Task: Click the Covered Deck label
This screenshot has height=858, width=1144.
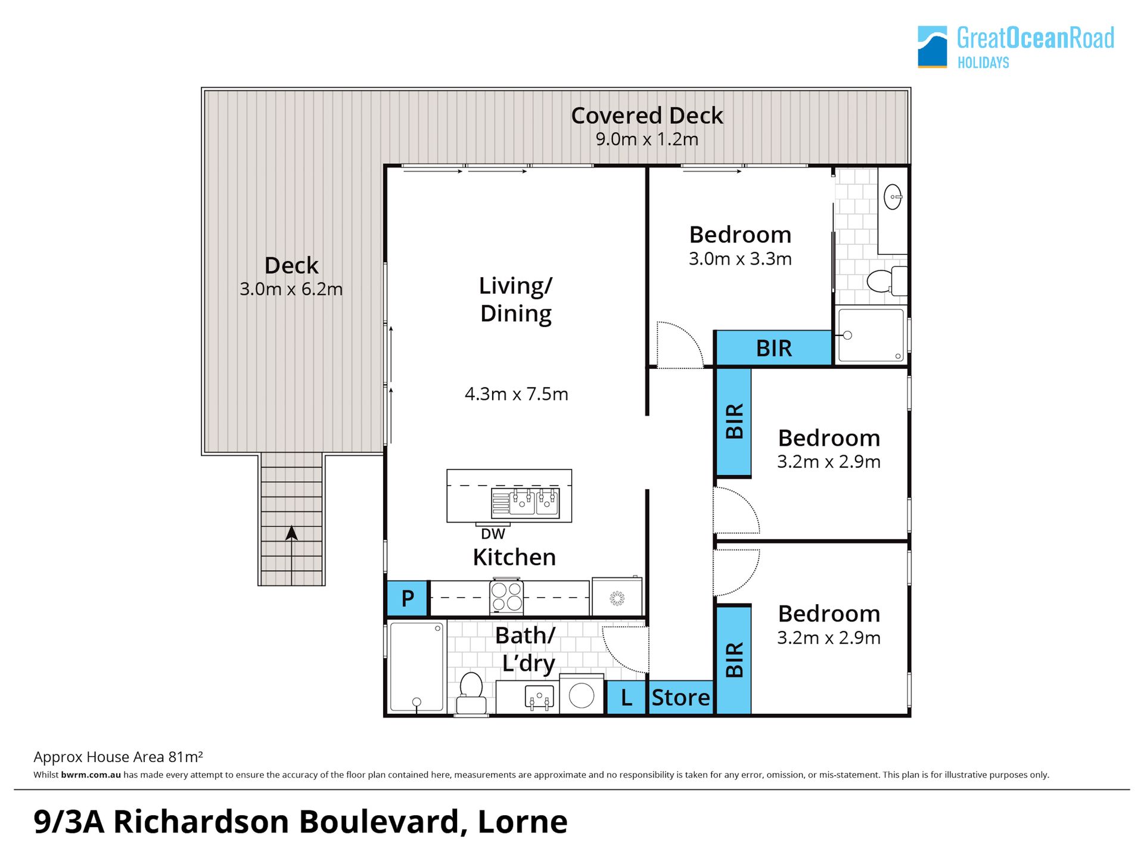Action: click(647, 116)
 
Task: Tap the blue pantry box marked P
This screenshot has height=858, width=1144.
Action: click(408, 598)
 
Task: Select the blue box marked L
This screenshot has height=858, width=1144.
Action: click(626, 697)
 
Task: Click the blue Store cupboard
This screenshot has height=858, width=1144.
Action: click(681, 697)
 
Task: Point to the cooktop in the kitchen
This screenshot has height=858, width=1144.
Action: click(506, 596)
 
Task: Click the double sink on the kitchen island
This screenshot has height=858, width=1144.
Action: click(525, 503)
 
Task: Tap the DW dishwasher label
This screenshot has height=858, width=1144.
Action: click(493, 534)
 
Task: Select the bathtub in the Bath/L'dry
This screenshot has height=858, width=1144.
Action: click(417, 667)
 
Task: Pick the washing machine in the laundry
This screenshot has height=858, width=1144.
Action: click(582, 694)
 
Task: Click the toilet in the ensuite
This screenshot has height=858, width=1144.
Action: click(887, 281)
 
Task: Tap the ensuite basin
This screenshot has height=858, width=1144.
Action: click(893, 197)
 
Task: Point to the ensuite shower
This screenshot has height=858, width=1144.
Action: click(871, 335)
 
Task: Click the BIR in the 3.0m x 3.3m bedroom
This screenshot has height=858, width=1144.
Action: click(773, 348)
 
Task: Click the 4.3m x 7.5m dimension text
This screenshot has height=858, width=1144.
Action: click(517, 394)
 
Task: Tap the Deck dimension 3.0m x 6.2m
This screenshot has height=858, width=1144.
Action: click(291, 289)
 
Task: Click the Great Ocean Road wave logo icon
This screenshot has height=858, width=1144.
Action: click(932, 46)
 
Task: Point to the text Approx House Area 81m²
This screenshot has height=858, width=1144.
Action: click(118, 757)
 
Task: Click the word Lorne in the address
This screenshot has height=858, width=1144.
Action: click(523, 822)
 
